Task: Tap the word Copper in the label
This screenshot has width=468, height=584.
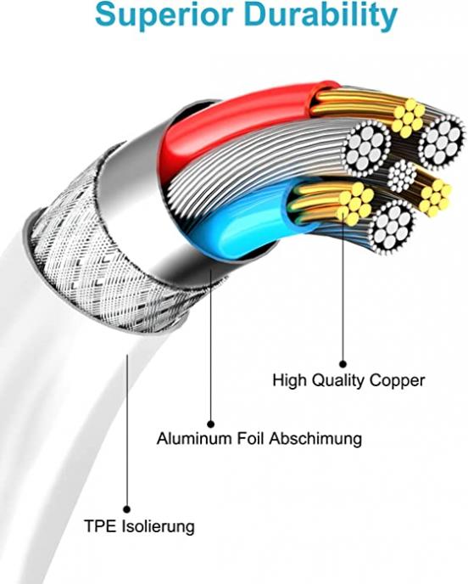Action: [x=397, y=381]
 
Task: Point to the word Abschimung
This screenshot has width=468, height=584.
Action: [x=315, y=438]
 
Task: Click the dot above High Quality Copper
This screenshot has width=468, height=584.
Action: [x=343, y=364]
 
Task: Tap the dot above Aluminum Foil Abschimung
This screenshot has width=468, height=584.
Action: [x=210, y=424]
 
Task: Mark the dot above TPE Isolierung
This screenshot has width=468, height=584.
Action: [x=127, y=509]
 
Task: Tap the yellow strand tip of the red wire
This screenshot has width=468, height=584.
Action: [x=408, y=117]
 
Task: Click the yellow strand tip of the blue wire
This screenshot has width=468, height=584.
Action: [x=355, y=204]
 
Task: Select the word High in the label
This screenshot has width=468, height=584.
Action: [x=290, y=381]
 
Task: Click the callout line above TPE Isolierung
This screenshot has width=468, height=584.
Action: [x=127, y=430]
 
